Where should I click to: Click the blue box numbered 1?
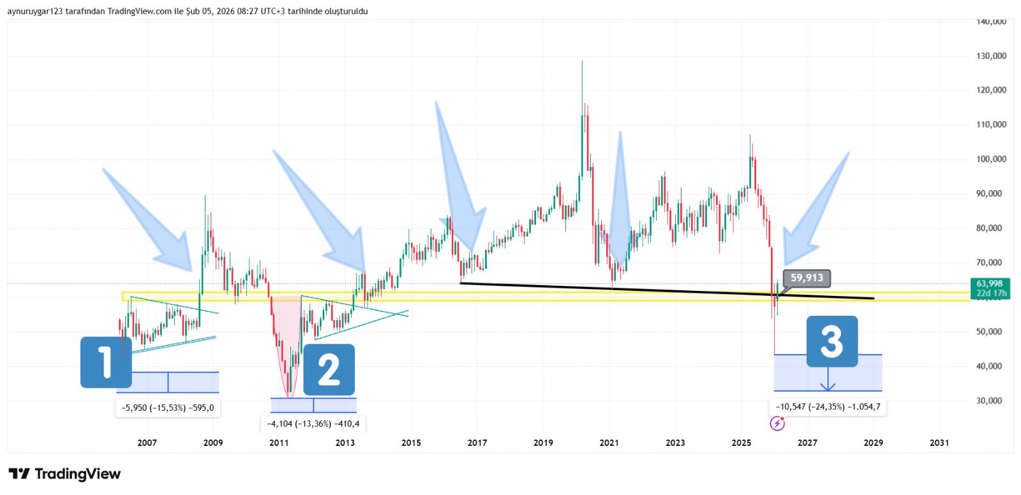106,362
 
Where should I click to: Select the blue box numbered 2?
329,370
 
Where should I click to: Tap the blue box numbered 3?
832,341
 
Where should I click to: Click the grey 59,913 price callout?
807,277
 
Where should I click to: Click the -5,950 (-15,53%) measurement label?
168,408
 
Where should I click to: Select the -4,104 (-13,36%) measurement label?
313,423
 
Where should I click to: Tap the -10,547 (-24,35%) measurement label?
828,406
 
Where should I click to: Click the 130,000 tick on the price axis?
991,56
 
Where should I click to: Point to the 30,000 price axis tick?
989,401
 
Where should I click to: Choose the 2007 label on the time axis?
147,443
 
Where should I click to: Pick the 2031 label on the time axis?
939,443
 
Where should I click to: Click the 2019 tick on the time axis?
543,443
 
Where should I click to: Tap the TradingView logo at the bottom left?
64,474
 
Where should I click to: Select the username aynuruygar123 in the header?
34,11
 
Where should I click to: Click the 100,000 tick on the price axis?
991,159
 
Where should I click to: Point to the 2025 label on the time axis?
741,443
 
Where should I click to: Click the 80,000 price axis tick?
989,228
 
